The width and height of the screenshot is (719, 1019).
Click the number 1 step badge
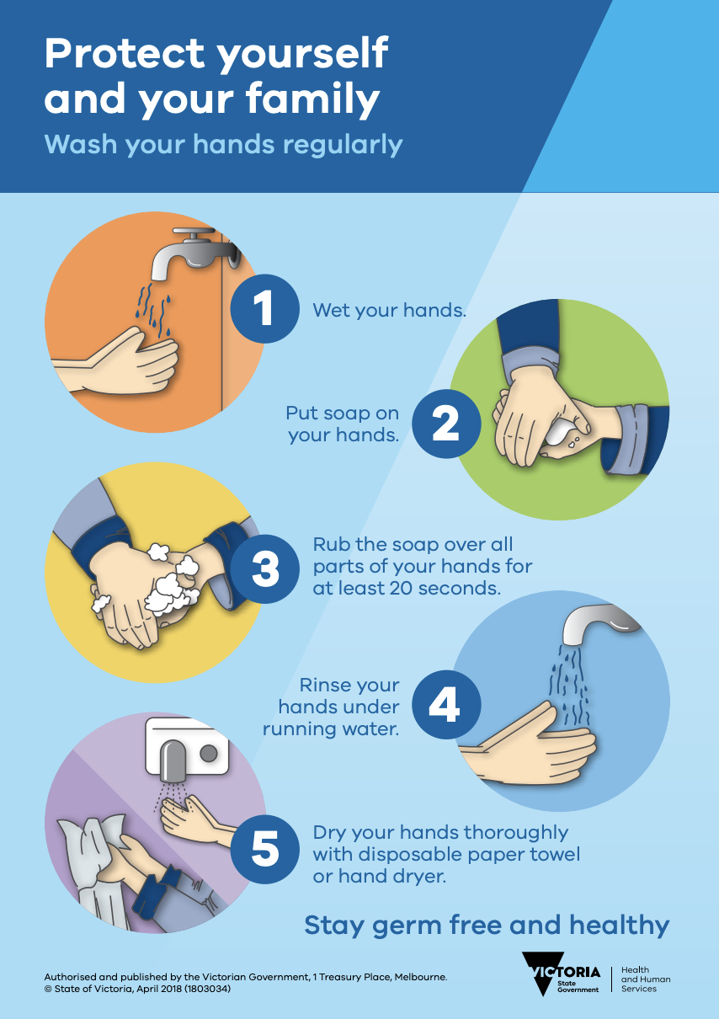click(264, 308)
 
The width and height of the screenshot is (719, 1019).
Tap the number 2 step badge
click(446, 424)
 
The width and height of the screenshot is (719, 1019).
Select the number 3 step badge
click(264, 568)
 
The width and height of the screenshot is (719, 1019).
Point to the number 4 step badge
click(446, 705)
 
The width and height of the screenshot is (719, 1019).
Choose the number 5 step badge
click(264, 850)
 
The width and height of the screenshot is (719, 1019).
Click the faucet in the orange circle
click(191, 250)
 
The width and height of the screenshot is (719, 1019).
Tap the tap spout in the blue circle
click(596, 622)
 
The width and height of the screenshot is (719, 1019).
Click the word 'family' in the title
click(312, 99)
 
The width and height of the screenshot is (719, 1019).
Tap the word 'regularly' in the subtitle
click(343, 146)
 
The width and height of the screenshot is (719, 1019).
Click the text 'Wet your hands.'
click(389, 310)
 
